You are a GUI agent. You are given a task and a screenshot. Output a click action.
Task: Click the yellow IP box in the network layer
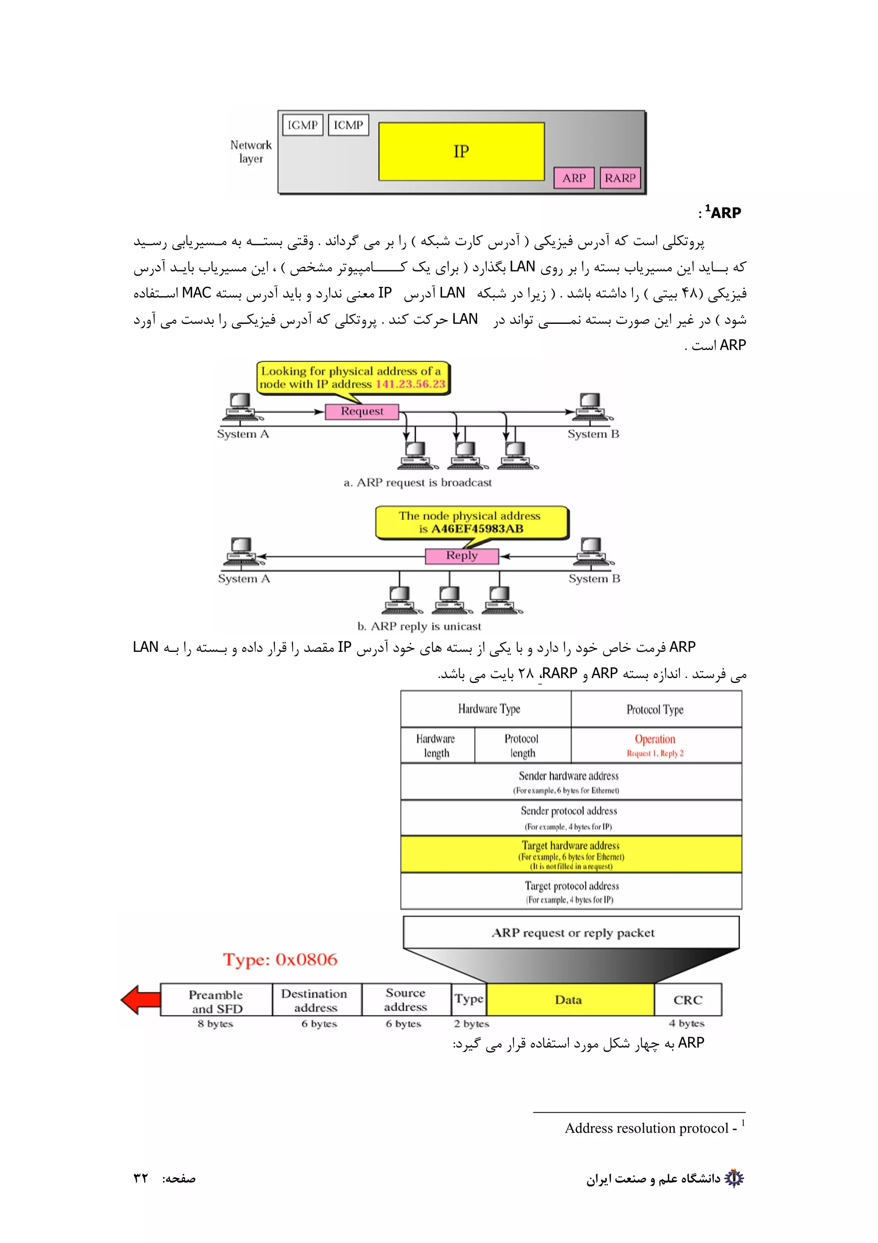pos(461,151)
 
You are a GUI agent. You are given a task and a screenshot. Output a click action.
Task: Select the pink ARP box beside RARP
pos(574,178)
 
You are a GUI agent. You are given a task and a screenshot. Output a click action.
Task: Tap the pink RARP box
pos(620,178)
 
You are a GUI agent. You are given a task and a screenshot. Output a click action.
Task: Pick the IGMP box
pos(302,125)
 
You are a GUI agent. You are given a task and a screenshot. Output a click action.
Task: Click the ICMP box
pos(348,125)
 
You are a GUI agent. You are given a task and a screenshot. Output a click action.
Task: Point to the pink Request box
pos(361,411)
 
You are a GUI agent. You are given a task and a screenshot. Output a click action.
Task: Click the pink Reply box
pos(461,556)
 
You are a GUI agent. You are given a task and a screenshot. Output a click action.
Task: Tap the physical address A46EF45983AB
pos(477,529)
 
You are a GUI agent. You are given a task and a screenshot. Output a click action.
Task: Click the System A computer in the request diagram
pos(241,407)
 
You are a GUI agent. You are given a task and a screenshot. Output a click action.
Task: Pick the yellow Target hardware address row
pos(571,854)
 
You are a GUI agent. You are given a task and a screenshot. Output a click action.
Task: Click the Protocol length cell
pos(522,745)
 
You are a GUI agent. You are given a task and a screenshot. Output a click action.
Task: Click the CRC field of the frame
pos(688,1000)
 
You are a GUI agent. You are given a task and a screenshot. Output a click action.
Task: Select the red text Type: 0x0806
pos(280,959)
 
